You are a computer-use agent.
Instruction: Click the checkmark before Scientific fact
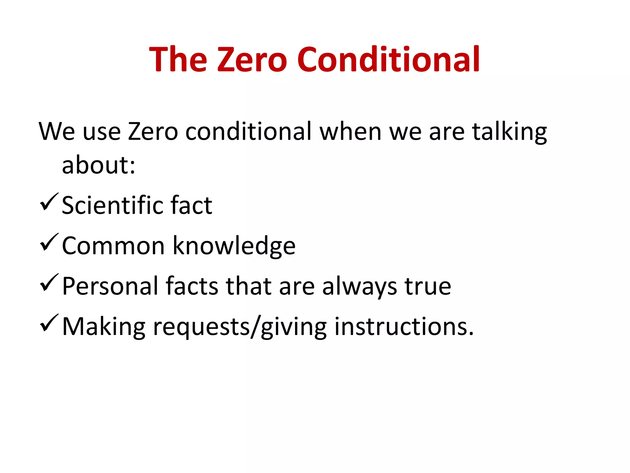click(49, 202)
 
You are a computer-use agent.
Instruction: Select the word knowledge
click(234, 246)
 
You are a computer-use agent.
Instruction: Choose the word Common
click(113, 246)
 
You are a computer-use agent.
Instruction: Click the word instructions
click(404, 326)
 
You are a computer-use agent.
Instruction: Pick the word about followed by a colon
click(98, 165)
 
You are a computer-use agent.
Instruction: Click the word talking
click(509, 132)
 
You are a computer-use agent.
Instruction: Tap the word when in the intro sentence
click(350, 132)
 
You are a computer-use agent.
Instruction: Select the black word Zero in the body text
click(153, 132)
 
